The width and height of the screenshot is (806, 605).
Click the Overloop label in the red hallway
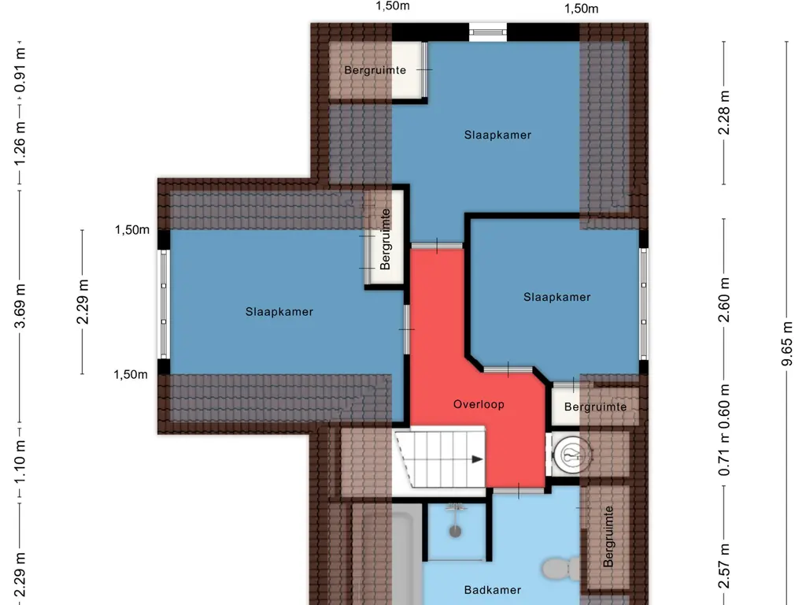pyautogui.click(x=479, y=404)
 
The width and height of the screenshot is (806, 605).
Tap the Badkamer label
pyautogui.click(x=493, y=590)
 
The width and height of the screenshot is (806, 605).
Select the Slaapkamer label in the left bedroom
pyautogui.click(x=279, y=312)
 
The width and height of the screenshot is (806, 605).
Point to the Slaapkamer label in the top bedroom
pyautogui.click(x=497, y=135)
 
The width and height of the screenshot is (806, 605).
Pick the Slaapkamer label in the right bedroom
pyautogui.click(x=556, y=297)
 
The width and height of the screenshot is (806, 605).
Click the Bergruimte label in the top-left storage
pyautogui.click(x=375, y=70)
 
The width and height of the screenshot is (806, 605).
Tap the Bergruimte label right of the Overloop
pyautogui.click(x=595, y=407)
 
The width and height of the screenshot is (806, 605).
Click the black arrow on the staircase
pyautogui.click(x=478, y=459)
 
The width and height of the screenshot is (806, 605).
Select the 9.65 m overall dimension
pyautogui.click(x=786, y=343)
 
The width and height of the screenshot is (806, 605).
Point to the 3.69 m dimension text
pyautogui.click(x=20, y=306)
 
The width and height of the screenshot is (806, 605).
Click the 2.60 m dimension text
pyautogui.click(x=724, y=300)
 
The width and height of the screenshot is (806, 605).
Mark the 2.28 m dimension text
pyautogui.click(x=724, y=113)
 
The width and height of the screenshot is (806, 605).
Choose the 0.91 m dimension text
pyautogui.click(x=20, y=70)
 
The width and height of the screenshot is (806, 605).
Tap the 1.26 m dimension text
pyautogui.click(x=20, y=143)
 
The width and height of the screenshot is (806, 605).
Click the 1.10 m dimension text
pyautogui.click(x=20, y=462)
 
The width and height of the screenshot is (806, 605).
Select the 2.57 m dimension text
pyautogui.click(x=724, y=566)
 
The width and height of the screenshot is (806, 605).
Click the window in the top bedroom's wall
pyautogui.click(x=488, y=32)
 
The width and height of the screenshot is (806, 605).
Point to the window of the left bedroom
pyautogui.click(x=164, y=304)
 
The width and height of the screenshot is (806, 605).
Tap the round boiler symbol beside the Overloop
pyautogui.click(x=571, y=455)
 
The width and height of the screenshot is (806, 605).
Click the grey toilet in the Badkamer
pyautogui.click(x=561, y=569)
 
